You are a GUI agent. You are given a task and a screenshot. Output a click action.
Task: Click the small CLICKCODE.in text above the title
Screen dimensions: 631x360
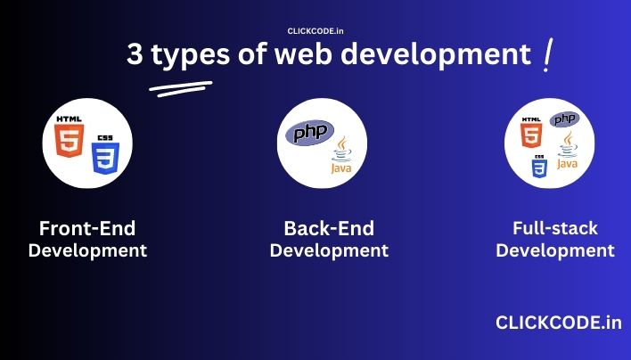[x=315, y=31]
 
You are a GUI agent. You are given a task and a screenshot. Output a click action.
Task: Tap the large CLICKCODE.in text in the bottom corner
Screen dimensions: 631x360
[x=559, y=323]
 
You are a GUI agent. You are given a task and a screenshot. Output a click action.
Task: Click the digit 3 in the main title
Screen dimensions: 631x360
[x=135, y=53]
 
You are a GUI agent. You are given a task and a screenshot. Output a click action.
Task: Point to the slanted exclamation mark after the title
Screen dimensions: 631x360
[x=547, y=54]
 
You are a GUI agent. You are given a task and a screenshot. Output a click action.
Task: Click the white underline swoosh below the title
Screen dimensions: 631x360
[x=181, y=88]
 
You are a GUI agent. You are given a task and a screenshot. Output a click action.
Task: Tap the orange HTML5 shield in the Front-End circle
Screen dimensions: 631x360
[x=70, y=141]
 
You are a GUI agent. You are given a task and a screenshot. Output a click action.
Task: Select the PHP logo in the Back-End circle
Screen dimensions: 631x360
[x=309, y=133]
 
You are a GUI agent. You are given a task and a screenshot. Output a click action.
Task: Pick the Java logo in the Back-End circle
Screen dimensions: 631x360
[x=341, y=155]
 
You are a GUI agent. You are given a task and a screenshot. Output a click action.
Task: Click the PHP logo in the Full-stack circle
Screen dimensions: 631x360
[x=564, y=119]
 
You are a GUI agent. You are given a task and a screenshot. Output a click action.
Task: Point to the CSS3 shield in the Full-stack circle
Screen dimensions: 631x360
[x=539, y=168]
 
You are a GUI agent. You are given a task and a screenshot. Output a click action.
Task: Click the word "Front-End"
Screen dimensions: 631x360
[x=87, y=228]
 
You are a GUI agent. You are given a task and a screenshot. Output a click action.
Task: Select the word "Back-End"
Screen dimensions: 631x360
[x=329, y=228]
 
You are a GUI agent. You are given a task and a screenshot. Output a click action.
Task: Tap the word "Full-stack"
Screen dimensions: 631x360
[x=555, y=228]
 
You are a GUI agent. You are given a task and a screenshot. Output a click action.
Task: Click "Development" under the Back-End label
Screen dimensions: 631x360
[x=329, y=250]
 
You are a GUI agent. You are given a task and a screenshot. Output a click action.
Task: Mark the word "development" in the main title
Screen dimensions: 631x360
[x=437, y=54]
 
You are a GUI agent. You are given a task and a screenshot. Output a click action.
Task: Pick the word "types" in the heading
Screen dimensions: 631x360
[x=191, y=56]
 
